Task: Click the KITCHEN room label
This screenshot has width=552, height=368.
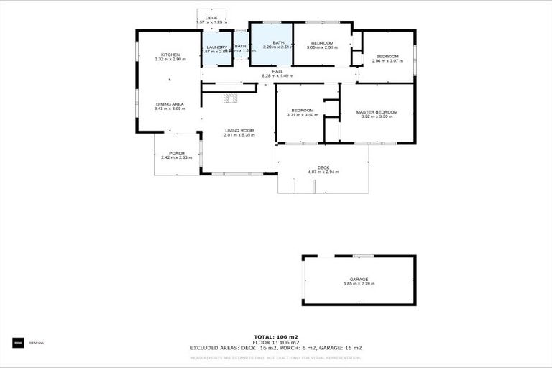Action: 170,55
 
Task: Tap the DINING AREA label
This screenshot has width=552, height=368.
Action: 170,104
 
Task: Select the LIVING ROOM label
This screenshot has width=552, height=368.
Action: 239,130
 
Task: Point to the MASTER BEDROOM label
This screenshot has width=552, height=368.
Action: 377,111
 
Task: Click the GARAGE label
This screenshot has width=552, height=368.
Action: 359,279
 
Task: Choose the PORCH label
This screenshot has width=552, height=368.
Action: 177,152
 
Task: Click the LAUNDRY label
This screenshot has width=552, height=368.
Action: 217,47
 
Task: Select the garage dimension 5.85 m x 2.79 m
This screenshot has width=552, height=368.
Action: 359,284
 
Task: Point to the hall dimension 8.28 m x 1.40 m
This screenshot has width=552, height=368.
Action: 277,75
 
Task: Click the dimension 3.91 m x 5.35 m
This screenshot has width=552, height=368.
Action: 239,135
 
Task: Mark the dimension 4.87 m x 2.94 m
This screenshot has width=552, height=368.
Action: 323,172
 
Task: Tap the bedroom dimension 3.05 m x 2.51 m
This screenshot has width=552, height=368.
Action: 321,48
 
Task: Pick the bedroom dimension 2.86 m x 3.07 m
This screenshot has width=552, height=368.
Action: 387,61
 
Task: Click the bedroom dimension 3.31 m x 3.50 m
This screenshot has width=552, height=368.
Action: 302,115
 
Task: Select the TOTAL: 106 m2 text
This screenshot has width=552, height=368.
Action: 276,336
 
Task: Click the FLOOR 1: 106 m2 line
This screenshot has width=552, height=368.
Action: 276,342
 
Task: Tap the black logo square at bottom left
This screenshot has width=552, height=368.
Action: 18,343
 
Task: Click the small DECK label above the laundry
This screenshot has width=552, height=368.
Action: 211,18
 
